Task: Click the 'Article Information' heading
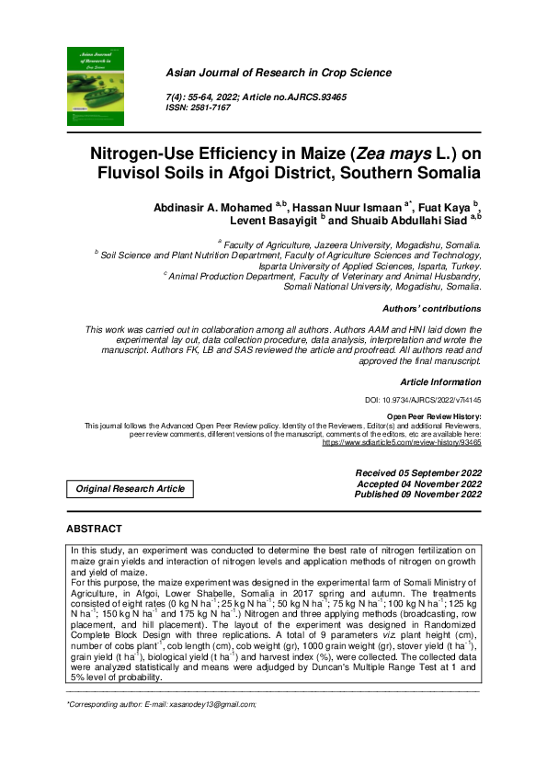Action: (440, 381)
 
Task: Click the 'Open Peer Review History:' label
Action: (433, 416)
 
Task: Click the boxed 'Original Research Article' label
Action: (130, 489)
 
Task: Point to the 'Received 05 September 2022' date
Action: (417, 472)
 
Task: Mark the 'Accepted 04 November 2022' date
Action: (418, 484)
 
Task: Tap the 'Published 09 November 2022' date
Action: (417, 495)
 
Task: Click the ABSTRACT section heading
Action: (94, 529)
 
